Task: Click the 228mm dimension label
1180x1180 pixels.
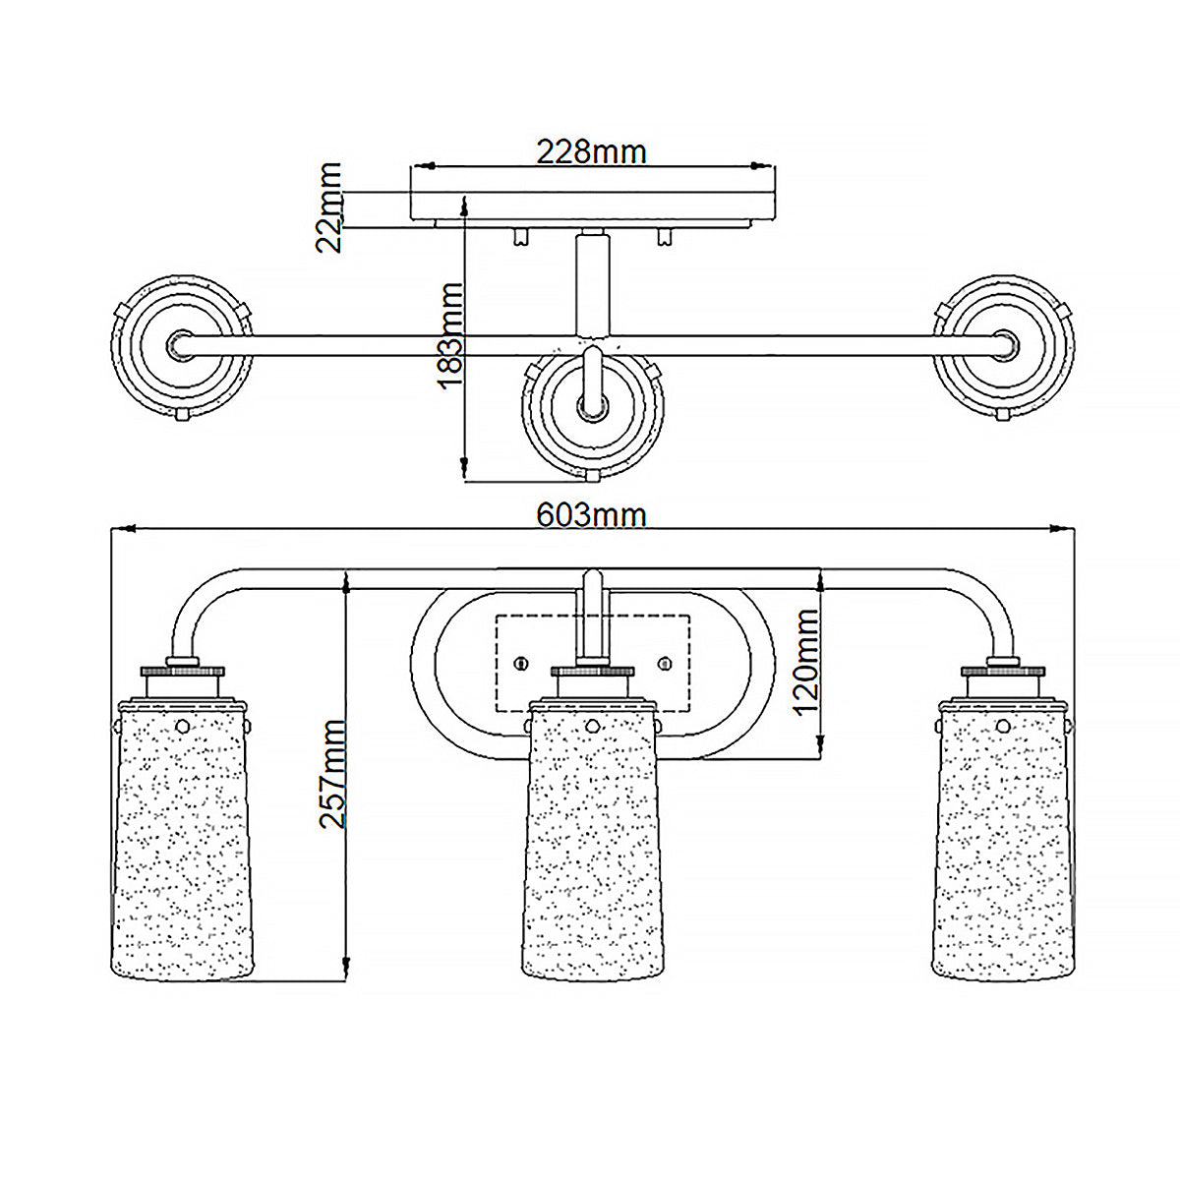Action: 591,151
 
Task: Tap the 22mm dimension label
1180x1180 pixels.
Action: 328,206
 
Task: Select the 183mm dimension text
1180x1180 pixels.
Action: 450,335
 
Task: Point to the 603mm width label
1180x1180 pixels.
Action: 591,515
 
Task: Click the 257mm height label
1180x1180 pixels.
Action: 332,774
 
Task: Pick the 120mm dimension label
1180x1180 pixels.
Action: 806,663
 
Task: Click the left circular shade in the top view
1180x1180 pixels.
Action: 182,346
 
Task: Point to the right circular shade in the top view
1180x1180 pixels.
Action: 1003,346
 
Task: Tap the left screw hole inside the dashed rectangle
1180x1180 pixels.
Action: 520,663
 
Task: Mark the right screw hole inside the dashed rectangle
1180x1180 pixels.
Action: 665,663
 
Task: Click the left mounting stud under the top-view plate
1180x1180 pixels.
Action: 520,236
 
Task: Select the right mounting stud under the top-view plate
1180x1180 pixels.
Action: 665,236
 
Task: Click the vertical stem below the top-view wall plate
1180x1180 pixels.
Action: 592,282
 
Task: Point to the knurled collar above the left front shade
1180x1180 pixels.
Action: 183,672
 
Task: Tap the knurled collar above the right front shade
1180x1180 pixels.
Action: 1002,672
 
